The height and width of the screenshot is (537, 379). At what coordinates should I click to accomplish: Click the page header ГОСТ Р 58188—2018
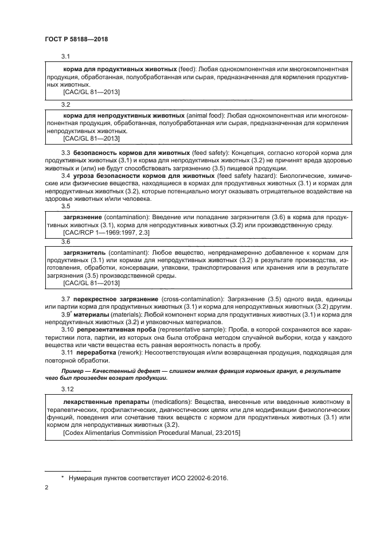click(76, 38)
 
